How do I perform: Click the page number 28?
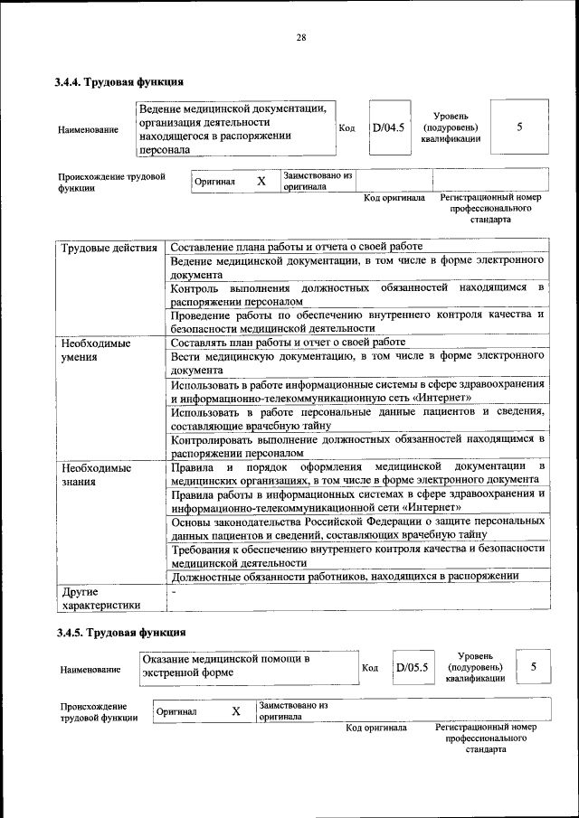(300, 37)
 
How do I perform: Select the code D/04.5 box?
(389, 127)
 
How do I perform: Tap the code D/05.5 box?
(411, 669)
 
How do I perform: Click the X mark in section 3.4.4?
(261, 181)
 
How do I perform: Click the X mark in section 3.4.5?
(235, 711)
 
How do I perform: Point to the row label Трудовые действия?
(109, 247)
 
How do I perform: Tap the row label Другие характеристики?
(100, 598)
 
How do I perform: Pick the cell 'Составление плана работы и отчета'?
(296, 247)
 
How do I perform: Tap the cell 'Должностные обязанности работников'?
(344, 576)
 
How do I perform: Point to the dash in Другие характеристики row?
(173, 592)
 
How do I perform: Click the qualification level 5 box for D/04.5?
(519, 127)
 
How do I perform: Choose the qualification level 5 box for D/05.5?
(534, 667)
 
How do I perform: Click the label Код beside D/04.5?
(346, 127)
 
